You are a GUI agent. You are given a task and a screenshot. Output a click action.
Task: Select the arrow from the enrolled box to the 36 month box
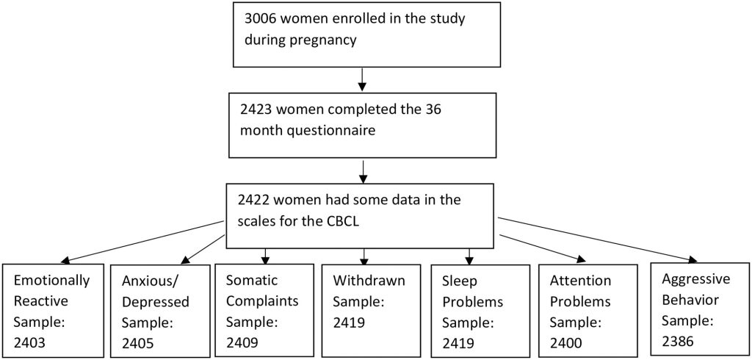(362, 79)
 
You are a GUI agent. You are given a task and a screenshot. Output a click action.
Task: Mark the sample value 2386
(679, 341)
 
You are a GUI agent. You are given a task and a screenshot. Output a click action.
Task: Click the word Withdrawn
(369, 281)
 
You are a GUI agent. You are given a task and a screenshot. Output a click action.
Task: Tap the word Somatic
(252, 281)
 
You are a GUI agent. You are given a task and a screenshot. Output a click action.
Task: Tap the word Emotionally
(51, 281)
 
